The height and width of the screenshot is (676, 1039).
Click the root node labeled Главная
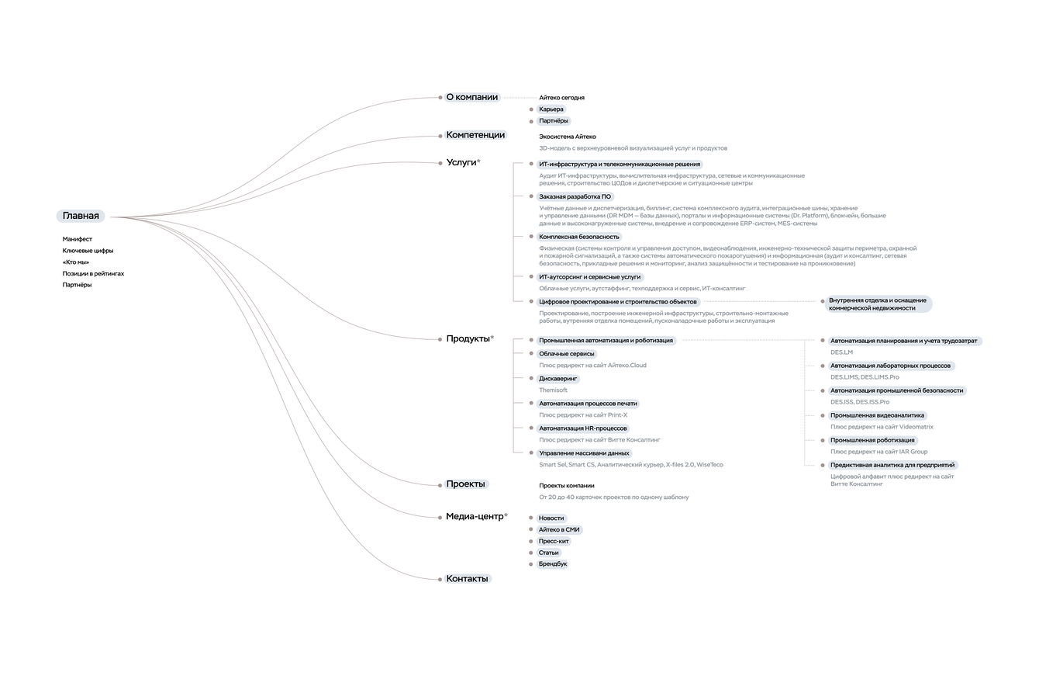coord(81,216)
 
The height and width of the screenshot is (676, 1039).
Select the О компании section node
coord(471,98)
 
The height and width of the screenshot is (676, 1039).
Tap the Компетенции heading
coord(475,135)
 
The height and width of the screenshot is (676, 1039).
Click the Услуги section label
coord(461,162)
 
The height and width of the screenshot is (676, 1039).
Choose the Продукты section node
coord(468,338)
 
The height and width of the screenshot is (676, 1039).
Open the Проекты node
coord(465,484)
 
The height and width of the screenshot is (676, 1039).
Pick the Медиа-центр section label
coord(475,517)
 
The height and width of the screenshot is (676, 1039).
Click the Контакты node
coord(467,579)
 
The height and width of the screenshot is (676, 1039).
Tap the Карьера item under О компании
coord(551,109)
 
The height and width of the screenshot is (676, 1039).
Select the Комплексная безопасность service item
coord(579,237)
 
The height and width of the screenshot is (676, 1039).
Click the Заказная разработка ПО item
coord(575,196)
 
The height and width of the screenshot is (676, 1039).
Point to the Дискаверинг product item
coord(558,379)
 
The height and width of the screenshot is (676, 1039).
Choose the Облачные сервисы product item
coord(567,354)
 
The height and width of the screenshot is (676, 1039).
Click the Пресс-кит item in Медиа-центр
coord(554,541)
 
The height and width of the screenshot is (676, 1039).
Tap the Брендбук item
coord(553,564)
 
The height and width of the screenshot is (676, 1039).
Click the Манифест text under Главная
coord(78,239)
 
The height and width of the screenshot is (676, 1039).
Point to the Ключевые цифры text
coord(88,251)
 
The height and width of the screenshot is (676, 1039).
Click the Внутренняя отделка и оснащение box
coord(877,304)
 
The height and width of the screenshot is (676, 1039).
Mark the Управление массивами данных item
coord(584,453)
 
